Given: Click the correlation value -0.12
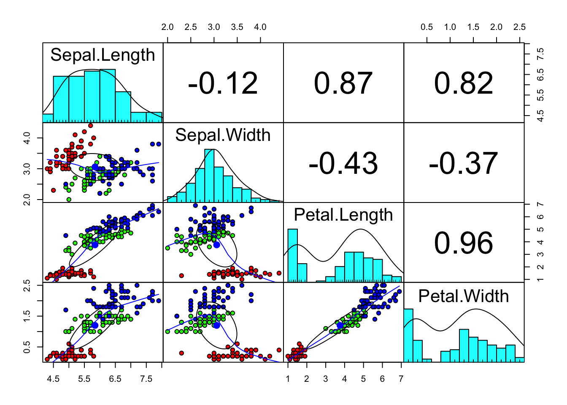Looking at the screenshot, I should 223,83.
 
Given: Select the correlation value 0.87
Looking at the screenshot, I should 343,83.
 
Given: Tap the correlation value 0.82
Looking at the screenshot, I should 464,83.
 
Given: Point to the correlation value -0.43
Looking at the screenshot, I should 343,163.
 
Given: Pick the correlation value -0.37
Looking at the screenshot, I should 464,163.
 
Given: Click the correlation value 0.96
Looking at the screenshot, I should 464,243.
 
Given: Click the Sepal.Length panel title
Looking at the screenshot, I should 103,55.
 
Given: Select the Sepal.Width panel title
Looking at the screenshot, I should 223,135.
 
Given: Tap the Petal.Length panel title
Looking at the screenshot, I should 343,215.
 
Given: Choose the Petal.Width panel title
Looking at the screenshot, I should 464,296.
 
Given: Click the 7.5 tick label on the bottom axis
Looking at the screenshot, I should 146,379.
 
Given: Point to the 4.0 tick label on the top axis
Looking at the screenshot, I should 260,27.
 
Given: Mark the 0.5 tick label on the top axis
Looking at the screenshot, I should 427,27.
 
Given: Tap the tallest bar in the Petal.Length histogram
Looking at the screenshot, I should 293,255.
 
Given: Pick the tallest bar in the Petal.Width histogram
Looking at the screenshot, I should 408,335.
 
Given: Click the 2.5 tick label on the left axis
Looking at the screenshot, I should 27,285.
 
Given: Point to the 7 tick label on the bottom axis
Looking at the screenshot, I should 401,379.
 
